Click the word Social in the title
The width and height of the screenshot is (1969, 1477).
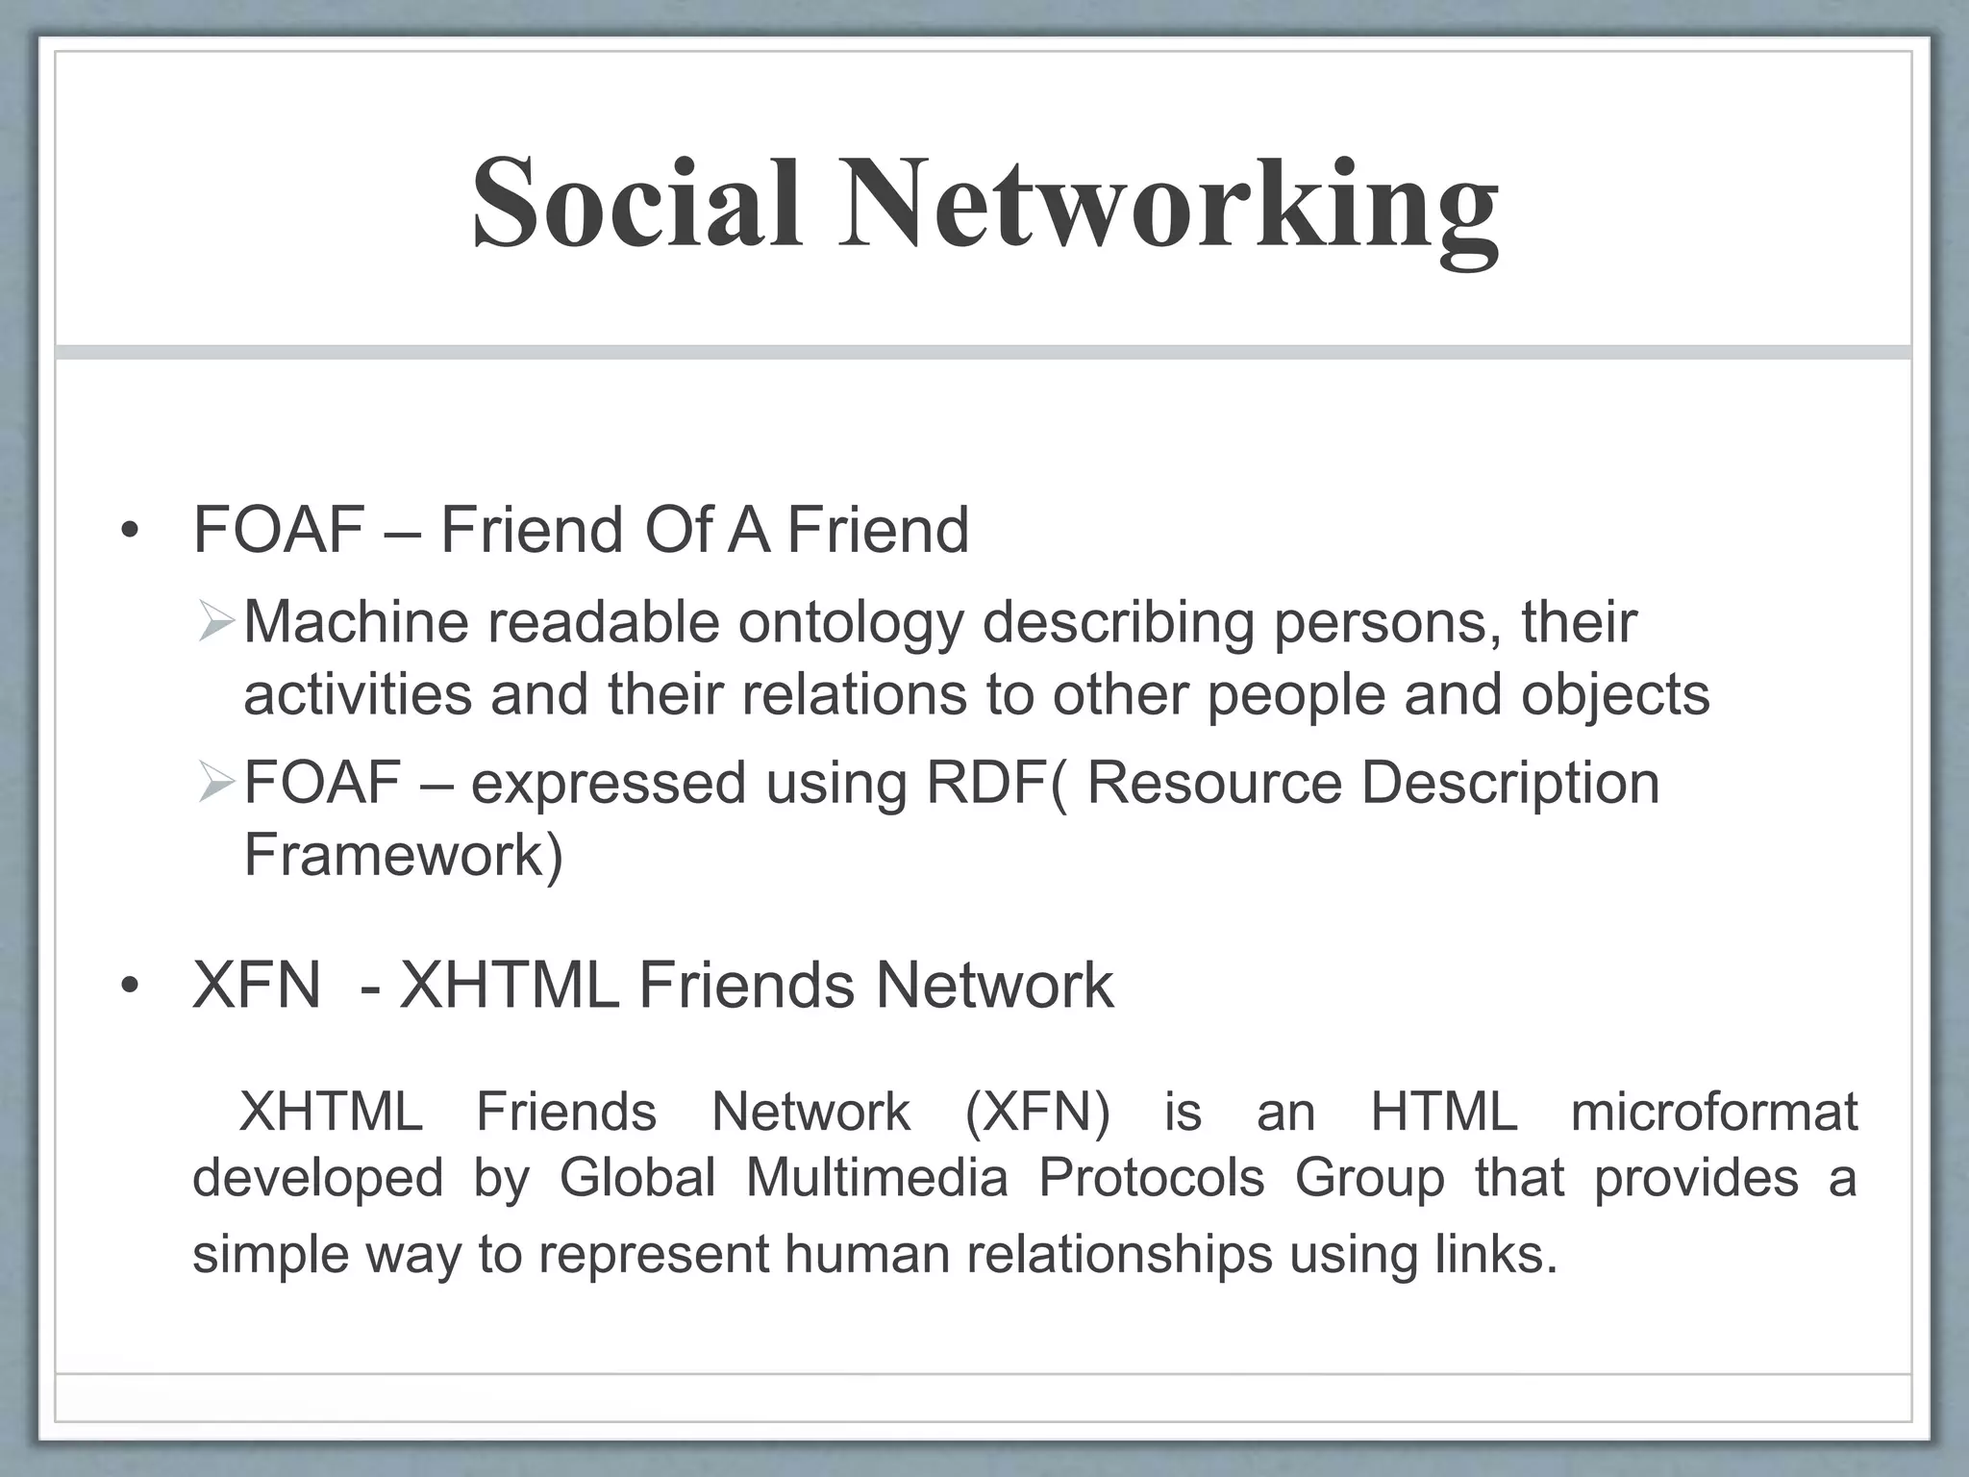(x=636, y=204)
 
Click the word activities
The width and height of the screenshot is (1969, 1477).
(x=358, y=694)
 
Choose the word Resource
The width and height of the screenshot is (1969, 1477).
(x=1214, y=783)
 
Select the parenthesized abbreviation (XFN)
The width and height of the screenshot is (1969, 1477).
(x=1036, y=1113)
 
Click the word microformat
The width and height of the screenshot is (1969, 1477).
(x=1713, y=1113)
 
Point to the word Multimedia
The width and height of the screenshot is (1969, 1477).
(x=876, y=1177)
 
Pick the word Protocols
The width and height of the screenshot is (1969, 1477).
(x=1151, y=1177)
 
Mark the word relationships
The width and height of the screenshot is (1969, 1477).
(x=1119, y=1255)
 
